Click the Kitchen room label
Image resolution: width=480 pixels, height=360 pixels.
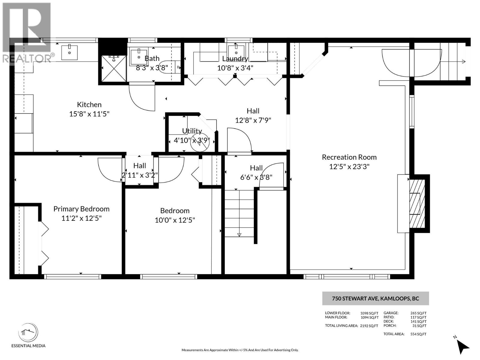click(x=89, y=105)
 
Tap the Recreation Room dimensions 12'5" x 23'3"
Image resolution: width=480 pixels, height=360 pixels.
click(x=349, y=166)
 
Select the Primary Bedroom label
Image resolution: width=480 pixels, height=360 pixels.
click(x=81, y=209)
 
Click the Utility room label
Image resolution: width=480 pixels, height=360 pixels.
click(x=192, y=131)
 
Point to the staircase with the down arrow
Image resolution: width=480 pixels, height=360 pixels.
click(x=239, y=213)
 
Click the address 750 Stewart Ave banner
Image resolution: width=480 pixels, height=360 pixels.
click(x=375, y=298)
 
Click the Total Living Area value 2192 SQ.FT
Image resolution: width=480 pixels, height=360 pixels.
click(x=369, y=326)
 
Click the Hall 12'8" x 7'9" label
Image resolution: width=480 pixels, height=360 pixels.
click(x=253, y=116)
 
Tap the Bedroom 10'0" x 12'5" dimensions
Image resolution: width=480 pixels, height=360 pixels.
click(x=175, y=220)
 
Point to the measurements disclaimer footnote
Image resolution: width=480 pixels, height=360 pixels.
click(x=240, y=350)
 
